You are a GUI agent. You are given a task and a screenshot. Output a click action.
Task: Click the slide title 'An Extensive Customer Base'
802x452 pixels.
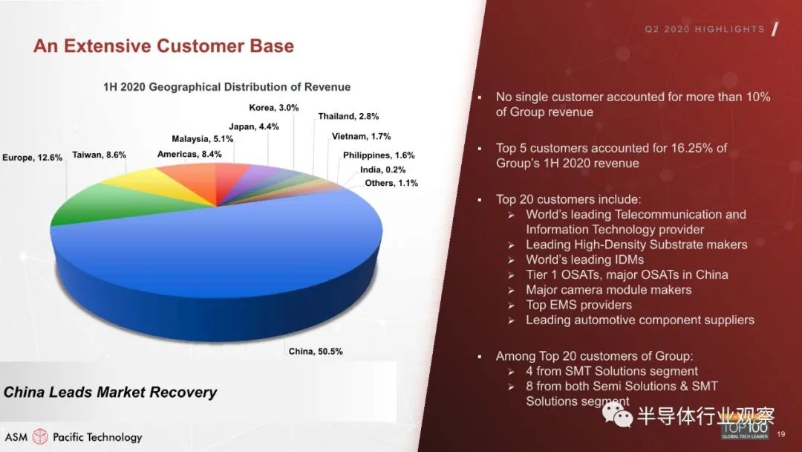(x=163, y=46)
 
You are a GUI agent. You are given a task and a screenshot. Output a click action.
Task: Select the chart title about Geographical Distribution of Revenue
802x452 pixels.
(x=227, y=87)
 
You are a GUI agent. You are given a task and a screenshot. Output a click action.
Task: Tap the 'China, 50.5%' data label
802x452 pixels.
(x=316, y=351)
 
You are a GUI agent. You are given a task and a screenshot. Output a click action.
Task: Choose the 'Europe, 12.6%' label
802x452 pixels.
(x=32, y=158)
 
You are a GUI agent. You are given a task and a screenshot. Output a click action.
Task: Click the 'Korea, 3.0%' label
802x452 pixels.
(x=273, y=108)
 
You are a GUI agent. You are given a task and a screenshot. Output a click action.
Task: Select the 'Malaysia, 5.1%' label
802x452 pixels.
(x=203, y=139)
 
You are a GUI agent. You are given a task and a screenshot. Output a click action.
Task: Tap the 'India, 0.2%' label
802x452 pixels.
(x=382, y=169)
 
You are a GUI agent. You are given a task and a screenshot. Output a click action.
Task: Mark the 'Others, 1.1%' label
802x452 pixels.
(x=391, y=183)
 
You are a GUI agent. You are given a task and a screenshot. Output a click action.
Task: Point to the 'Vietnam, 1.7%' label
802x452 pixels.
(x=361, y=136)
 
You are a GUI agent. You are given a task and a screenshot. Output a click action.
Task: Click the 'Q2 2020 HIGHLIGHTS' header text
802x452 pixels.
(x=705, y=29)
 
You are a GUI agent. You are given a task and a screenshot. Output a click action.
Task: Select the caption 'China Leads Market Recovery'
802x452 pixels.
(x=111, y=392)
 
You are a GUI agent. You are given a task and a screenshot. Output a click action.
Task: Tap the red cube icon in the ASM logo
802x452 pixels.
(x=40, y=436)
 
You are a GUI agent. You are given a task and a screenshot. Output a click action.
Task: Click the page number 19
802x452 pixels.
(x=780, y=434)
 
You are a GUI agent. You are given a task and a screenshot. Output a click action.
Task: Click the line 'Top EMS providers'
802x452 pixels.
(x=578, y=305)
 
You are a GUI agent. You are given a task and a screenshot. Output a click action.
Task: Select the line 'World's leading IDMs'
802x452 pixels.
(x=584, y=259)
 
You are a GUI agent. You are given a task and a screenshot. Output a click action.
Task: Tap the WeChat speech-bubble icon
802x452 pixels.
(x=617, y=413)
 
